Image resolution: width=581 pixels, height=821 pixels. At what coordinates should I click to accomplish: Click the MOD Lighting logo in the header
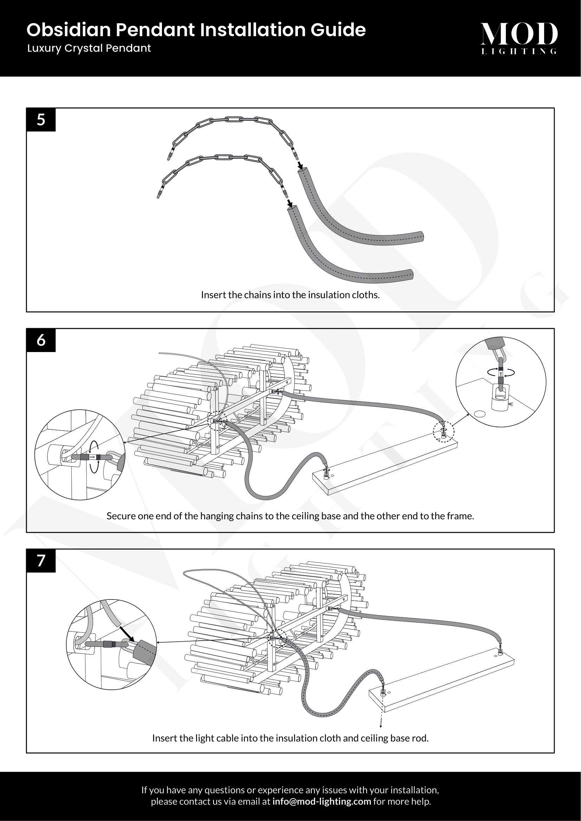518,38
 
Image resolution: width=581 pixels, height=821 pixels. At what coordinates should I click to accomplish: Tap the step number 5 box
41,119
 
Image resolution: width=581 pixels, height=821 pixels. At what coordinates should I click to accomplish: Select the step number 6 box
41,340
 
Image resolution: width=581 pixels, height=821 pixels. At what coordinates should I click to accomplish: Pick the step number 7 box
41,561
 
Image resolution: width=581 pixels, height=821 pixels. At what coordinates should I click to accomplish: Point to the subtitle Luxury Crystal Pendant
89,48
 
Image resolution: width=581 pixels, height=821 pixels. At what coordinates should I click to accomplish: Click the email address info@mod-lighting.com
321,801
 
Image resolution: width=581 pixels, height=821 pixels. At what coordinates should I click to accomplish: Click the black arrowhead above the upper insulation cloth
301,167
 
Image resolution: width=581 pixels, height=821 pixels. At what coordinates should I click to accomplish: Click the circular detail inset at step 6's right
501,382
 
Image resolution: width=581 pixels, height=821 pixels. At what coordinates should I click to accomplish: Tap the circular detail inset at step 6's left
80,455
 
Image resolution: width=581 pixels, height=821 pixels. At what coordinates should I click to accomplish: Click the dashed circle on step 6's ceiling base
444,432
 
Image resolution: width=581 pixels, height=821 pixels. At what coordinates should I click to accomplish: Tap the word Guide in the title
338,30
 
